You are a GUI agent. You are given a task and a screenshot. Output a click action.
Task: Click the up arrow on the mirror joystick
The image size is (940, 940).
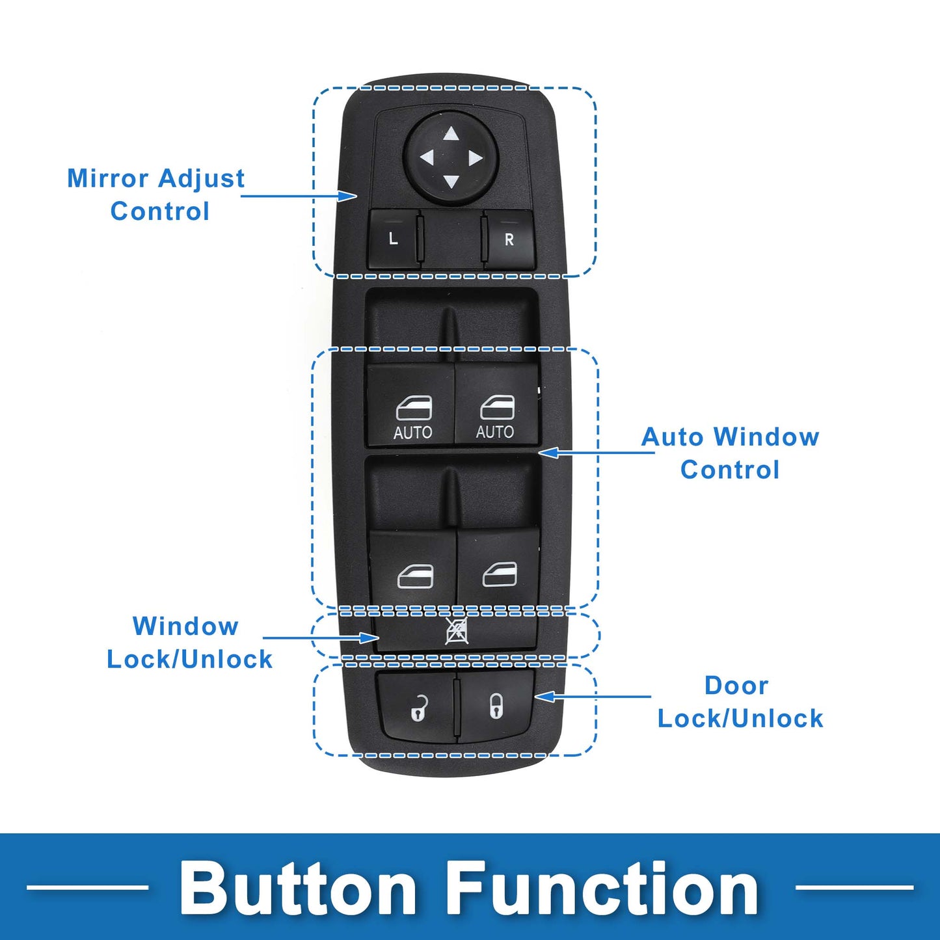pyautogui.click(x=451, y=133)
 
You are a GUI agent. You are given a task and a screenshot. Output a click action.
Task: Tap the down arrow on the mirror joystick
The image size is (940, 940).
pyautogui.click(x=451, y=181)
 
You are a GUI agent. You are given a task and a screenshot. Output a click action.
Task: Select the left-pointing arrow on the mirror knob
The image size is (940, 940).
pyautogui.click(x=427, y=157)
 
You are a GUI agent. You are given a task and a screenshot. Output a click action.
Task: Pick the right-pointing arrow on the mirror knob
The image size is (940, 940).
pyautogui.click(x=476, y=157)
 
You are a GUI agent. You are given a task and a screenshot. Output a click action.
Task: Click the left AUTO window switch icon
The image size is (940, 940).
pyautogui.click(x=414, y=409)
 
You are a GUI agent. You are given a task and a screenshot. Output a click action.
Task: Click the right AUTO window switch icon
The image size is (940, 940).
pyautogui.click(x=497, y=408)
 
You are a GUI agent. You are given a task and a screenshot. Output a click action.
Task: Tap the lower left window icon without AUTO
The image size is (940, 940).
pyautogui.click(x=415, y=576)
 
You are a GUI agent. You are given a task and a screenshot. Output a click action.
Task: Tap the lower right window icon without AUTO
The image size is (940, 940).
pyautogui.click(x=500, y=574)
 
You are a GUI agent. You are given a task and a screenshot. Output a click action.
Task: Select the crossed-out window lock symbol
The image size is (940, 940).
pyautogui.click(x=457, y=631)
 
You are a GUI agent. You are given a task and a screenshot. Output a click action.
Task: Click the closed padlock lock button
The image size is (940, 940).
pyautogui.click(x=496, y=707)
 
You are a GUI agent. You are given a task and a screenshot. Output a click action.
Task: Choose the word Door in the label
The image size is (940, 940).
pyautogui.click(x=736, y=686)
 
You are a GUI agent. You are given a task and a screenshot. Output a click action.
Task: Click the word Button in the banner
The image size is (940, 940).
pyautogui.click(x=297, y=889)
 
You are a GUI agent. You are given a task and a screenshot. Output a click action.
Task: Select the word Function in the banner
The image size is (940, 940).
pyautogui.click(x=604, y=889)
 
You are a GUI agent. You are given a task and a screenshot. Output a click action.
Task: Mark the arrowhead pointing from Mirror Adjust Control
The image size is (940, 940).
pyautogui.click(x=348, y=196)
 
